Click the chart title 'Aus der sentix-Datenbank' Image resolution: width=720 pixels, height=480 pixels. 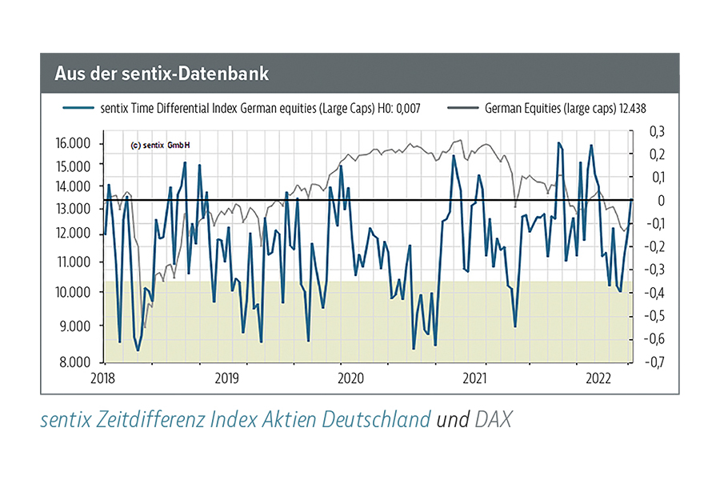[x=162, y=74]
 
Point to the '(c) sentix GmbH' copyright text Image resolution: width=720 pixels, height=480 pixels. [x=165, y=146]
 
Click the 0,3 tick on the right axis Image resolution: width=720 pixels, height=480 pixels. [x=654, y=131]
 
